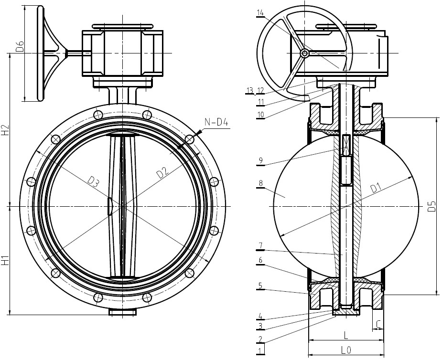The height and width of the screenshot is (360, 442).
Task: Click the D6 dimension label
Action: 20,46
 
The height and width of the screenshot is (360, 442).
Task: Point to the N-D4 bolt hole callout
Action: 216,122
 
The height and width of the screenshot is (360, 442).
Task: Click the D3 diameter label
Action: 93,182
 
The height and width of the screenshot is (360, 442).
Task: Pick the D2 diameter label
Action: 163,172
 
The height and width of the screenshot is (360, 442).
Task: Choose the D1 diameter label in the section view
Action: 376,188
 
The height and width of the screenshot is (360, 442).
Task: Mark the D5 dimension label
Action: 431,206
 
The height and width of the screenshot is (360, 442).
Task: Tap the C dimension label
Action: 378,324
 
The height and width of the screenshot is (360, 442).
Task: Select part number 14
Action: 260,13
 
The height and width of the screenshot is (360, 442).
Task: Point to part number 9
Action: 260,160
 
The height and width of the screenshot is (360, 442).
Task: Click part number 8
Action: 260,183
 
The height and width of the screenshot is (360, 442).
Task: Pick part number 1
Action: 260,351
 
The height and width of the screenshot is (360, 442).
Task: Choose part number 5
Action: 260,286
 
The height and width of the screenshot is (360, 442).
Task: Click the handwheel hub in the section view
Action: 304,53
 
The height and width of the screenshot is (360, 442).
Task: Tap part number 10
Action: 260,115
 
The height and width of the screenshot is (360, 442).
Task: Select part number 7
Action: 260,246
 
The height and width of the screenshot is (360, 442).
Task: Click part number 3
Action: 260,326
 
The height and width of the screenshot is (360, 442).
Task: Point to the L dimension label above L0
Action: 346,335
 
